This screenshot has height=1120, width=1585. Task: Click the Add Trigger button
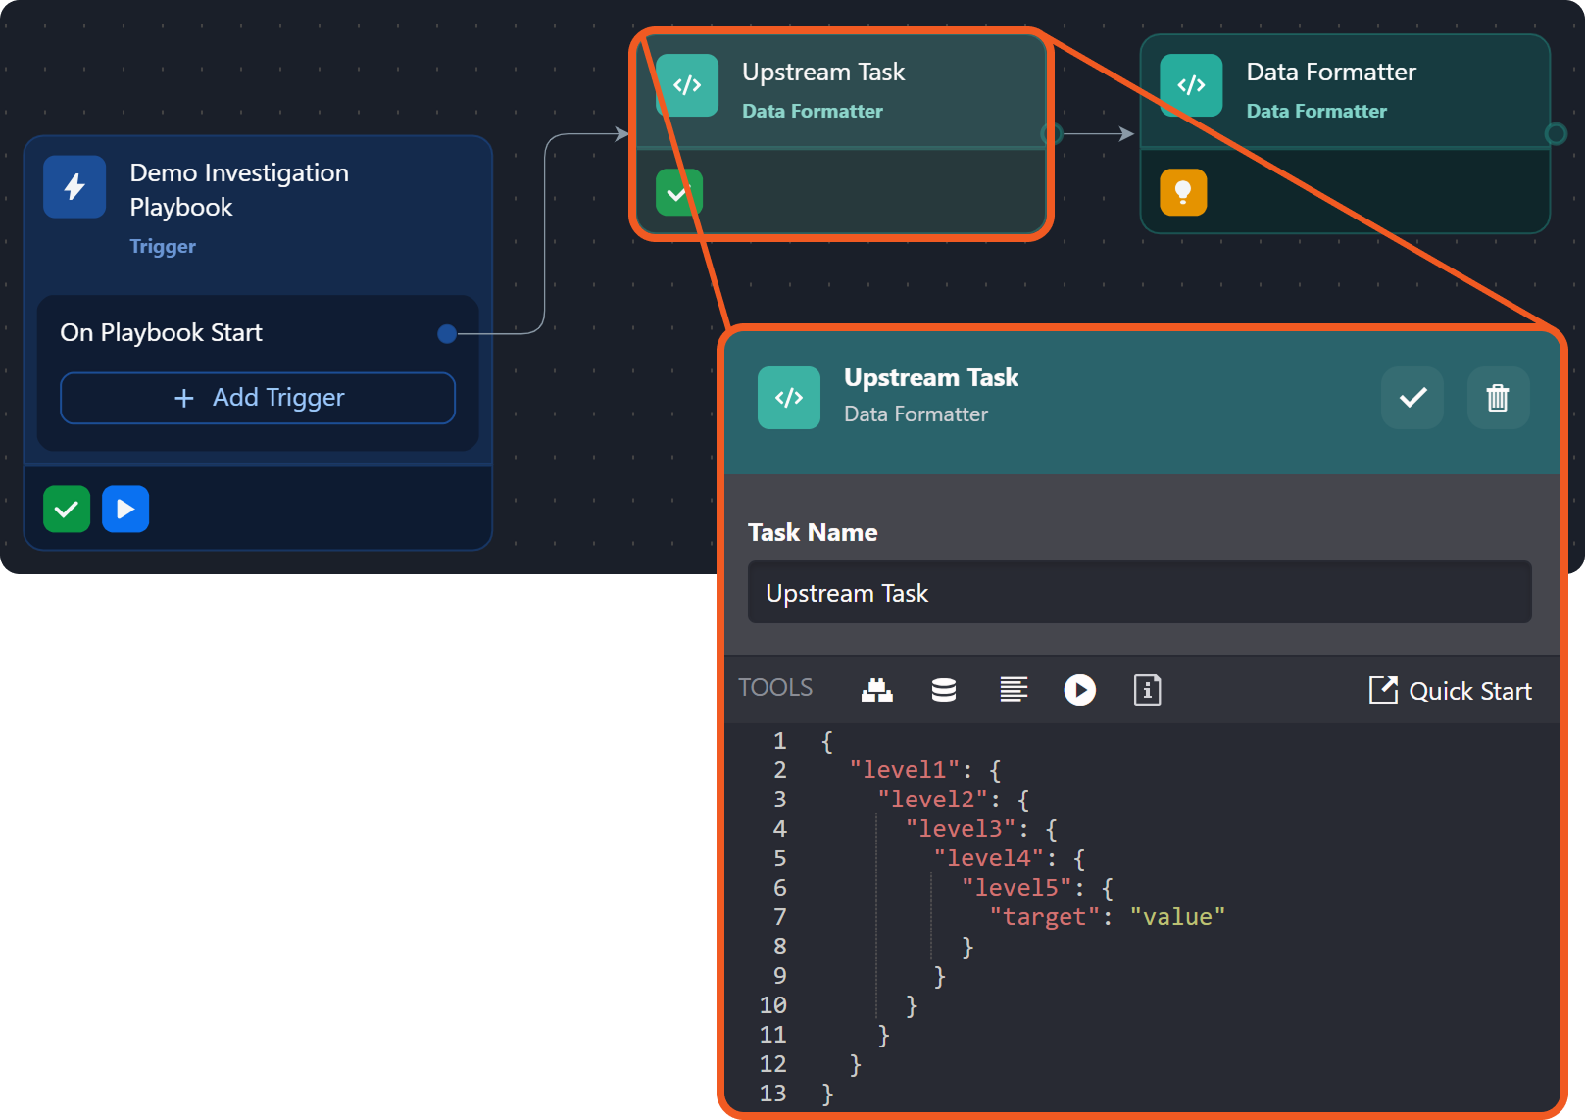(x=258, y=398)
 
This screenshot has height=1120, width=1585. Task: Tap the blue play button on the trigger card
(x=125, y=509)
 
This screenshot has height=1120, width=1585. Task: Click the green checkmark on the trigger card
(x=67, y=509)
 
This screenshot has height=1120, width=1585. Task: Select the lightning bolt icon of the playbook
(x=74, y=187)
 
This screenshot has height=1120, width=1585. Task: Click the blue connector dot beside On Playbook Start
(x=447, y=333)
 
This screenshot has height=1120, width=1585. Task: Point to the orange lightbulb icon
(x=1183, y=192)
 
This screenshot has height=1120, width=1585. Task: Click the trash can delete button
(x=1498, y=397)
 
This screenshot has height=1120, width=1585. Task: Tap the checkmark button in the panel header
(x=1412, y=397)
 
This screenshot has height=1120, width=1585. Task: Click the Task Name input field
(x=1139, y=592)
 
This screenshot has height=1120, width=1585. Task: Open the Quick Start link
(x=1451, y=690)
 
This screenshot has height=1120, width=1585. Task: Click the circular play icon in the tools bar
(x=1080, y=690)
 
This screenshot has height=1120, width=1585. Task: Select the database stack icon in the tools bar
(x=944, y=690)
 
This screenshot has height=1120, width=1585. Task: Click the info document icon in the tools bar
(x=1147, y=690)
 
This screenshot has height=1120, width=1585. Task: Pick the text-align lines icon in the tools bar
(x=1014, y=690)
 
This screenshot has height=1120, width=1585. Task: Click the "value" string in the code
(x=1177, y=917)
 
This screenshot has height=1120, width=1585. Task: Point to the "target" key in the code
(x=1044, y=917)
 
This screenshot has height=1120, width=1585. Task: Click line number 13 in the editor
(x=772, y=1094)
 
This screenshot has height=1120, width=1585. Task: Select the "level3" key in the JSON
(x=961, y=829)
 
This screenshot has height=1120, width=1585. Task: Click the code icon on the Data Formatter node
(x=1191, y=85)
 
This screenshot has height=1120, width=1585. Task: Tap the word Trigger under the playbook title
(x=163, y=246)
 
